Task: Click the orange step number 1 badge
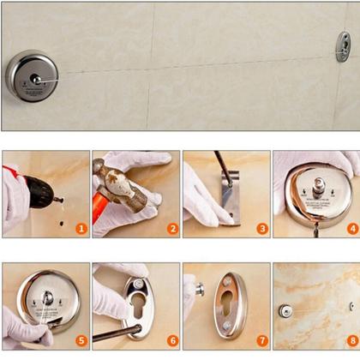[x=81, y=229]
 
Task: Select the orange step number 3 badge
[x=261, y=229]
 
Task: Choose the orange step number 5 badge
[x=81, y=340]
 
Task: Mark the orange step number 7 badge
[x=261, y=340]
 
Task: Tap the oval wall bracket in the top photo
[x=344, y=46]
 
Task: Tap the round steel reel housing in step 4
[x=316, y=193]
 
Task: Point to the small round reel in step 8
[x=285, y=310]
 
